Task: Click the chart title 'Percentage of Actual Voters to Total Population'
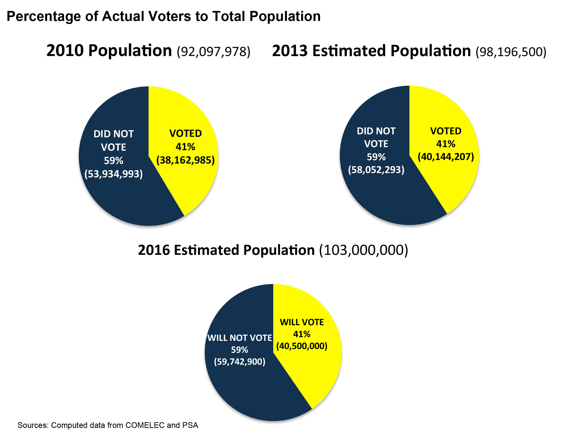tap(164, 16)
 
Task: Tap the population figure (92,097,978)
tap(213, 51)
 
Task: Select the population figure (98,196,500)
tap(511, 52)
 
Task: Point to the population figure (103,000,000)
tap(363, 250)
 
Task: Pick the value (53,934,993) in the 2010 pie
tap(114, 174)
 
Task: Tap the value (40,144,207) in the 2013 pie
tap(445, 156)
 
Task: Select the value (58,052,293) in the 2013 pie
tap(376, 170)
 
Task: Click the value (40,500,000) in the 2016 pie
tap(302, 346)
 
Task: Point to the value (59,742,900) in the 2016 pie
tap(240, 362)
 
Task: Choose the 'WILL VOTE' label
tap(302, 322)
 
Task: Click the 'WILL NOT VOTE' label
tap(240, 338)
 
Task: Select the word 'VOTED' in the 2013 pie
tap(445, 131)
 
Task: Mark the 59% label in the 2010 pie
tap(114, 161)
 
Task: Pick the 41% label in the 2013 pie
tap(445, 144)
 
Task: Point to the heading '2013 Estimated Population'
tap(371, 51)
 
